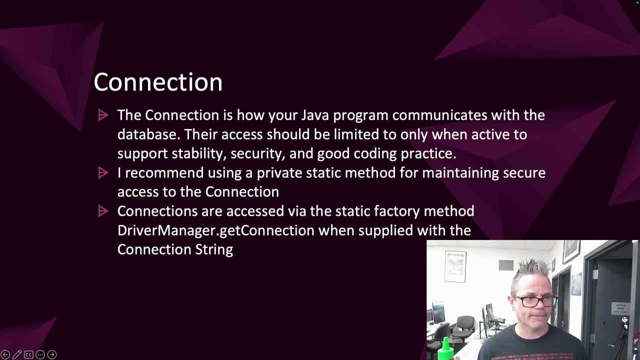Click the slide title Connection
(158, 82)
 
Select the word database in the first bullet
(148, 134)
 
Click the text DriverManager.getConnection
(216, 230)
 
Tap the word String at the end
(214, 250)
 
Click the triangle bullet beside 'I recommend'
(103, 173)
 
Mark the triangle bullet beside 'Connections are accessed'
(103, 211)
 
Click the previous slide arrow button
(5, 354)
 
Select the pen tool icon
(17, 354)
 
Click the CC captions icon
(28, 354)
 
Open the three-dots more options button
(40, 354)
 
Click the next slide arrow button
(51, 354)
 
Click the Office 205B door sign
(620, 306)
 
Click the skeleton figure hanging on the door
(624, 322)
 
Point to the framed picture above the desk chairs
(455, 266)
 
